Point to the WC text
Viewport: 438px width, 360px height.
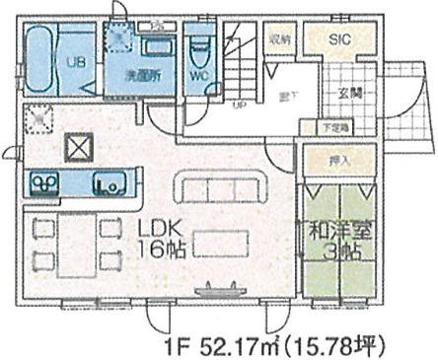pyautogui.click(x=197, y=74)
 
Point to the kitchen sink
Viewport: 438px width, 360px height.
pyautogui.click(x=109, y=183)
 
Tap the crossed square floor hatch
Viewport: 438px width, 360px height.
pyautogui.click(x=78, y=149)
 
